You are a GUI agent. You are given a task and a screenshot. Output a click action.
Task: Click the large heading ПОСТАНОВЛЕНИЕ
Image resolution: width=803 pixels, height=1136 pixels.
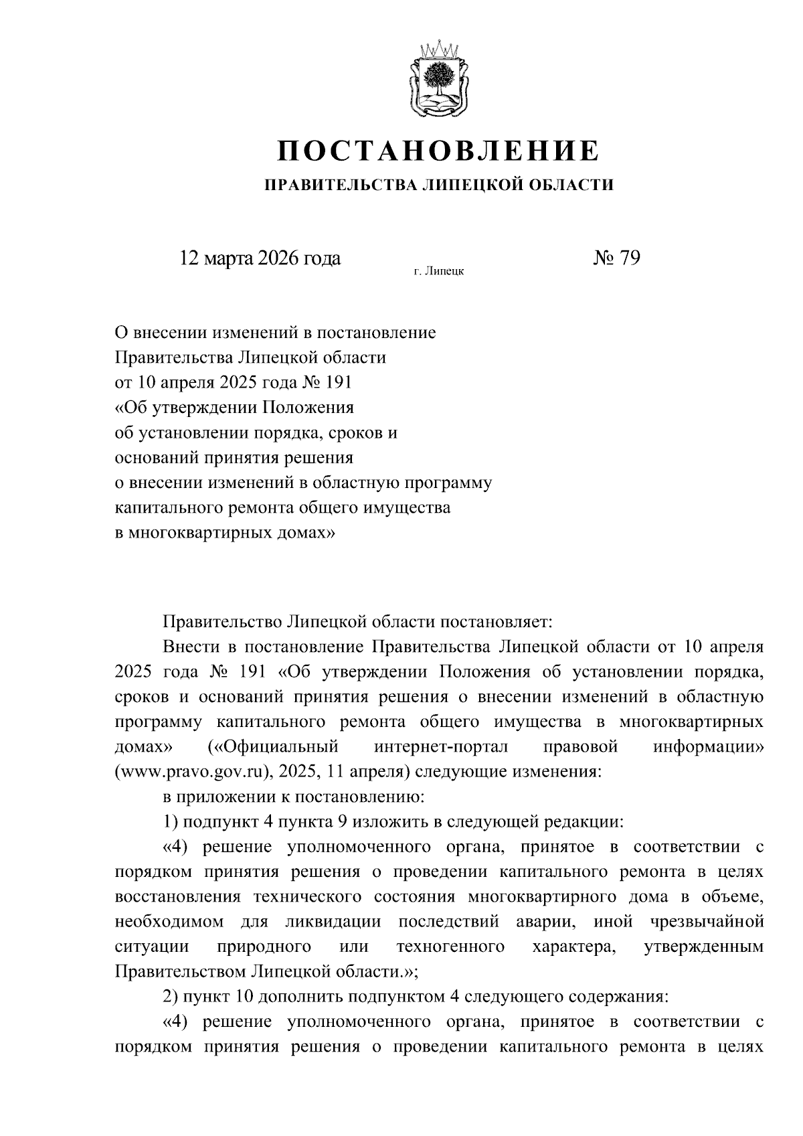pos(439,151)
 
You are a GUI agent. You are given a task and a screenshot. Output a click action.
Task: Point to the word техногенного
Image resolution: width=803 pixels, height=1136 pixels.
pos(450,947)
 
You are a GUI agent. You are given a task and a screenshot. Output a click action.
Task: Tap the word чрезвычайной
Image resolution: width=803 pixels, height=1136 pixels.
pos(707,922)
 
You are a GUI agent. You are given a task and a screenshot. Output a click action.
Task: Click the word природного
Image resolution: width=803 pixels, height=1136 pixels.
pos(264,947)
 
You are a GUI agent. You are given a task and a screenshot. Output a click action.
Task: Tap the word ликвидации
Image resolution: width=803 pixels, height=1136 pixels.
pos(333,922)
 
